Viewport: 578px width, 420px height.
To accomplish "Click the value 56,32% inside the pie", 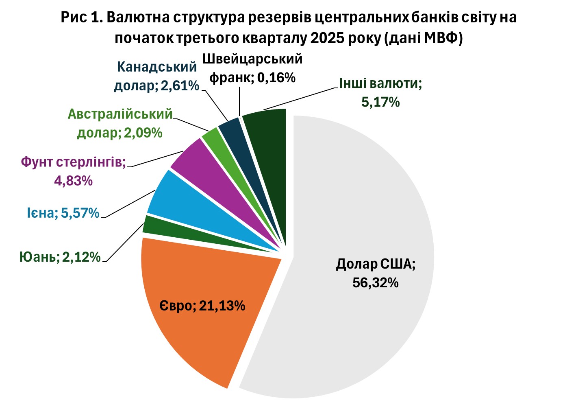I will (375, 282).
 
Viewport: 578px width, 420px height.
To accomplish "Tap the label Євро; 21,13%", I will (202, 305).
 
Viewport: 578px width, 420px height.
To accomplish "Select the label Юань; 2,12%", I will (60, 257).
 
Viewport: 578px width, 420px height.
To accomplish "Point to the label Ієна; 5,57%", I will (63, 213).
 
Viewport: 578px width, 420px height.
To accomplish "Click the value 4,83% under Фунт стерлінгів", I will (73, 180).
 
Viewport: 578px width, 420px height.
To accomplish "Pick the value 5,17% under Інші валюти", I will (380, 102).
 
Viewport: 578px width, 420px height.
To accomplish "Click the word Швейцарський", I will (252, 59).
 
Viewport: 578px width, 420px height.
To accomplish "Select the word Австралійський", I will (120, 114).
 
